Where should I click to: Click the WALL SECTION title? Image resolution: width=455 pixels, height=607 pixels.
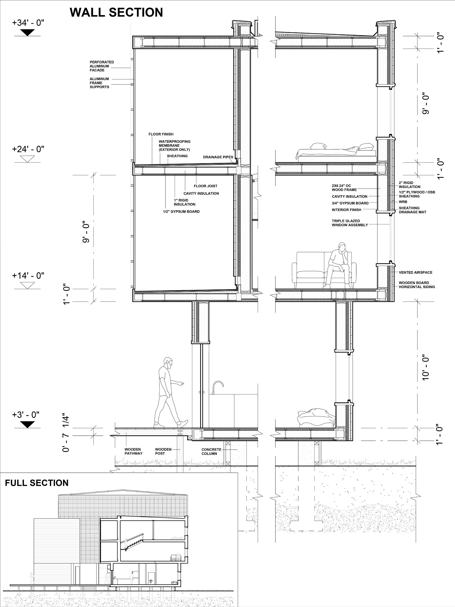coord(116,13)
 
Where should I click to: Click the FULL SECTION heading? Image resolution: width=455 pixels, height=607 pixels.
coord(37,483)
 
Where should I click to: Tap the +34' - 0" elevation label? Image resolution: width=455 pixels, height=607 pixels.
coord(28,23)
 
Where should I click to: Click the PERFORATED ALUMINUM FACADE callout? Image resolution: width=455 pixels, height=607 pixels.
coord(102,66)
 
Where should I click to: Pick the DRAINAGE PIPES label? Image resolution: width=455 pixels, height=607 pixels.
coord(218,157)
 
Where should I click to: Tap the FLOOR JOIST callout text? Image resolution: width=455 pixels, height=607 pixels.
coord(205,186)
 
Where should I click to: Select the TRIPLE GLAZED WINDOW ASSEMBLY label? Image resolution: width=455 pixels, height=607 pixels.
coord(350,223)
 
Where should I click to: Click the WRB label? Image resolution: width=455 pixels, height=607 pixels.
coord(403,202)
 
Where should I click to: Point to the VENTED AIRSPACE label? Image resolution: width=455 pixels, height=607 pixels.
coord(415,273)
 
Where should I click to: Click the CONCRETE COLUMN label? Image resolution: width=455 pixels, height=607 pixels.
coord(211,451)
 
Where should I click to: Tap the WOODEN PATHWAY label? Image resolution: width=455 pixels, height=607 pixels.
coord(134,451)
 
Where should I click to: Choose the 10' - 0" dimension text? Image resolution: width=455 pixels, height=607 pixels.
coord(425,368)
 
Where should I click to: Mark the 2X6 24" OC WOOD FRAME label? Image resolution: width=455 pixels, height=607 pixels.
coord(344,188)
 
